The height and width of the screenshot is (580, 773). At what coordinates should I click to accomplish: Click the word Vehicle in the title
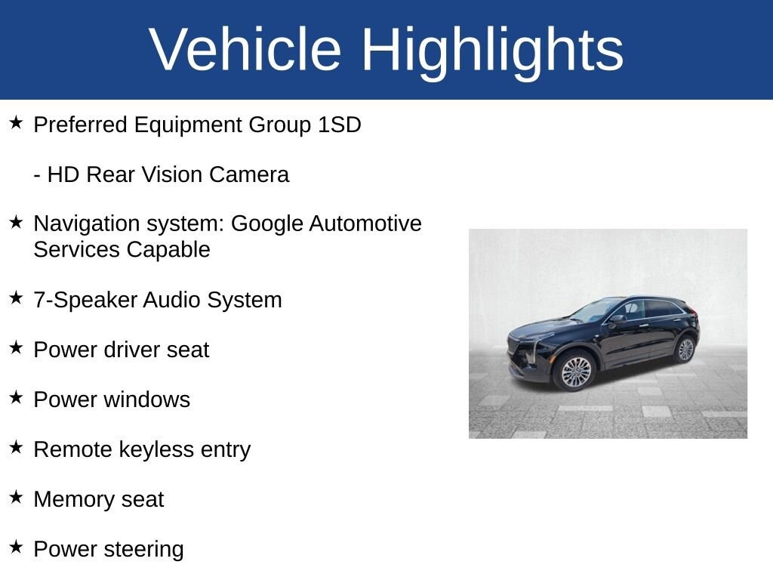click(x=245, y=49)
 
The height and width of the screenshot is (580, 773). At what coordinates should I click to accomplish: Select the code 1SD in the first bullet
click(x=339, y=125)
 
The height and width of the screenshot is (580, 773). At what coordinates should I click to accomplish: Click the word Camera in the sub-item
click(x=248, y=174)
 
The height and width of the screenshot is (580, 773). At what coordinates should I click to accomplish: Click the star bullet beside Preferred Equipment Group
click(x=17, y=122)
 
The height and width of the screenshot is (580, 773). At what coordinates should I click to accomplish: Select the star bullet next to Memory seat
click(x=17, y=497)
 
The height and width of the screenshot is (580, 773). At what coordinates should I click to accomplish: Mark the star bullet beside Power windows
click(x=17, y=397)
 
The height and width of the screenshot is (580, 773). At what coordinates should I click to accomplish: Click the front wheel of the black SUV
click(x=575, y=372)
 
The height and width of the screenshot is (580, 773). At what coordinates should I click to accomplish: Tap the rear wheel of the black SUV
click(x=685, y=350)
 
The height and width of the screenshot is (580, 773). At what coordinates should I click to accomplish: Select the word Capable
click(x=168, y=250)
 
